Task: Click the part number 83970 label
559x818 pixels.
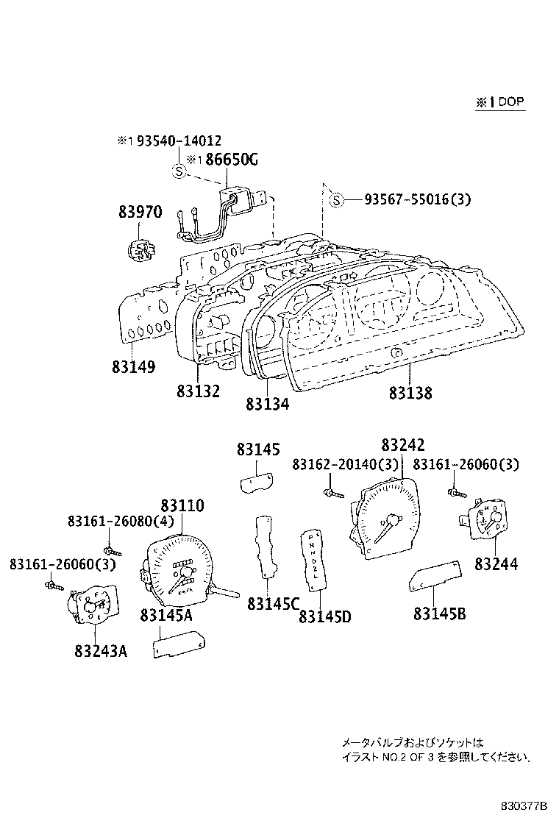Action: pyautogui.click(x=139, y=213)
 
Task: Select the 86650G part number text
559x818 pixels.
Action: pyautogui.click(x=231, y=160)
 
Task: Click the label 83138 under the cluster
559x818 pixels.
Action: pyautogui.click(x=410, y=394)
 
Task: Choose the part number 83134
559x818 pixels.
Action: pyautogui.click(x=268, y=404)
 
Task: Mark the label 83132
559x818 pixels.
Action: pyautogui.click(x=198, y=392)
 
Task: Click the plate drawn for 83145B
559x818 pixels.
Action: pyautogui.click(x=434, y=576)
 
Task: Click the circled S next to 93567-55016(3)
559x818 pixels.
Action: pyautogui.click(x=336, y=199)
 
